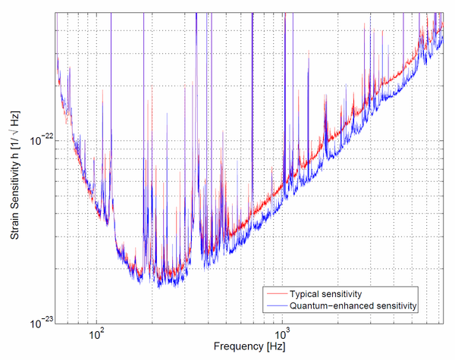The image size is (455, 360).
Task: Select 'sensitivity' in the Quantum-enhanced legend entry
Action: (x=397, y=305)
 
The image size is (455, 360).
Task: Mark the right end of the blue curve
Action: (x=443, y=34)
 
